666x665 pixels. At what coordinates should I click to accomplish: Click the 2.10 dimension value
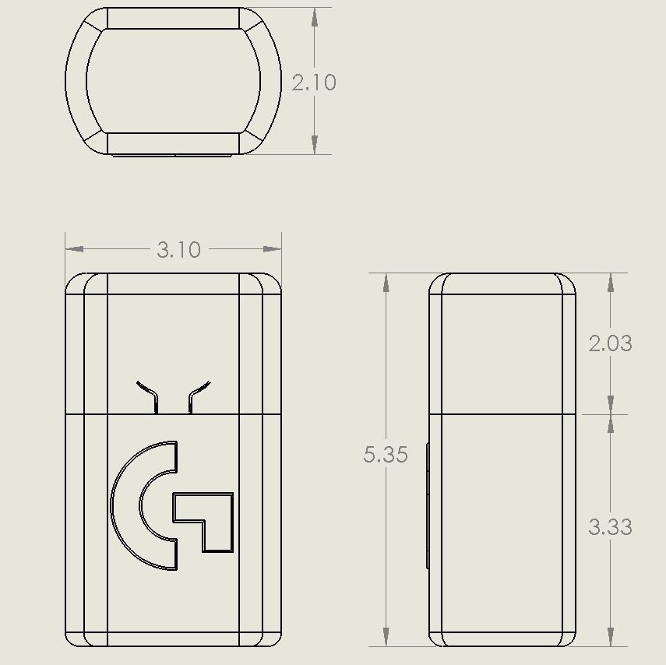314,83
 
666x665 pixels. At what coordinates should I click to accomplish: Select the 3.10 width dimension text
178,250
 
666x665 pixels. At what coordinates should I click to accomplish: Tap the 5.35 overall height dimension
386,455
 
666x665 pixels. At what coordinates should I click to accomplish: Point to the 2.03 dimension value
610,343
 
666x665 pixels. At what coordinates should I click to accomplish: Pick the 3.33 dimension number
610,527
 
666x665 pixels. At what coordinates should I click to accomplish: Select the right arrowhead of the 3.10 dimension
272,249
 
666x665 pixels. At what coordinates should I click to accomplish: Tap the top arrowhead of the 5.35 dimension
386,283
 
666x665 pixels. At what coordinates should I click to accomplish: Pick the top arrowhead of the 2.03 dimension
610,283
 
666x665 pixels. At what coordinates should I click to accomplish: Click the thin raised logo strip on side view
427,506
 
